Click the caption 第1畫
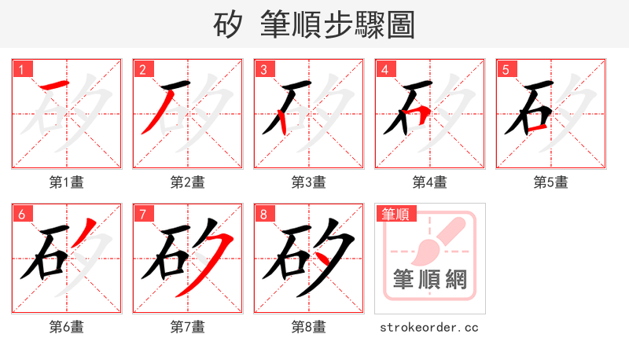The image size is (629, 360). click(67, 182)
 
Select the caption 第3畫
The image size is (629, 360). click(308, 182)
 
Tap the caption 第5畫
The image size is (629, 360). click(550, 182)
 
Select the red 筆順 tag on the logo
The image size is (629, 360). click(396, 214)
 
